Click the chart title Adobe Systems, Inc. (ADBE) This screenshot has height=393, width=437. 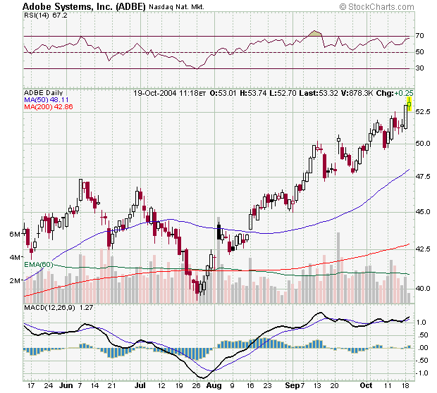tap(84, 6)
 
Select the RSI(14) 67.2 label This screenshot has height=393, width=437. tap(42, 15)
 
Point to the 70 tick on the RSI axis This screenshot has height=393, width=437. tap(419, 36)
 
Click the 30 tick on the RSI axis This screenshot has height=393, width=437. tap(419, 68)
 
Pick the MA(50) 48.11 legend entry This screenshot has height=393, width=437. tap(44, 100)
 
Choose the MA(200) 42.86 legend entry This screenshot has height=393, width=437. tap(46, 108)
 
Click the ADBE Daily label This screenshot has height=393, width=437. tap(43, 93)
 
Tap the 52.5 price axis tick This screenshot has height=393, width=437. tap(421, 112)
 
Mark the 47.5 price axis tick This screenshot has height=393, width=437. tap(421, 177)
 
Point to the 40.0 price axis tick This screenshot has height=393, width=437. tap(421, 288)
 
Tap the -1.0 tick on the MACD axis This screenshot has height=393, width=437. tap(421, 373)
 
